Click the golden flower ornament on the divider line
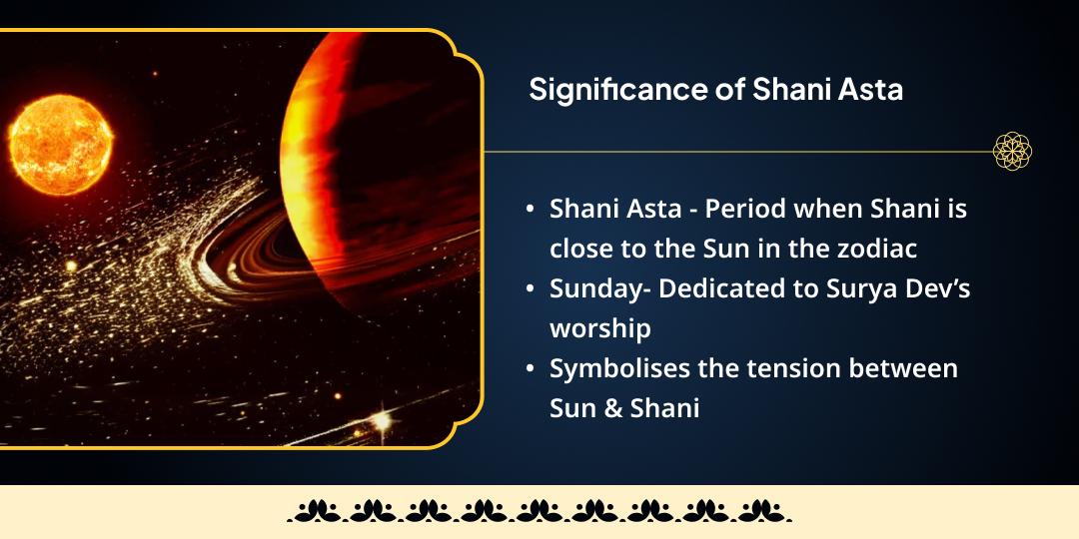pos(1012,152)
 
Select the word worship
pos(599,328)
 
